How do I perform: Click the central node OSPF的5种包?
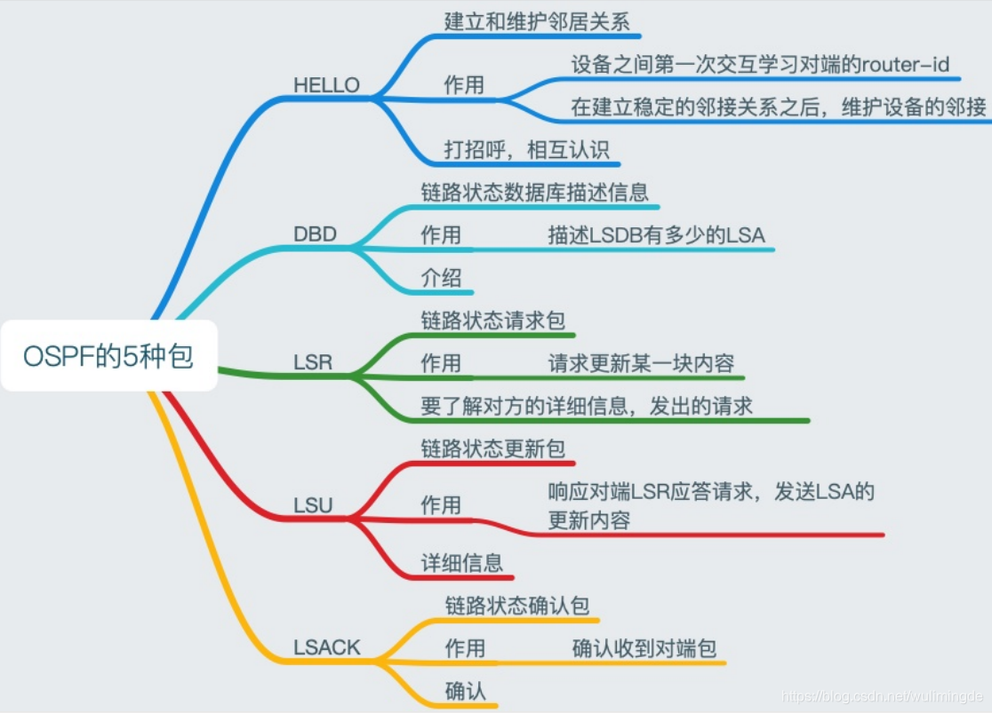108,356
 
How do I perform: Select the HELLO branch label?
326,85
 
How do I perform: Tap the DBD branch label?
316,235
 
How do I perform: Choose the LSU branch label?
313,506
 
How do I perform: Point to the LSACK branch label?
327,648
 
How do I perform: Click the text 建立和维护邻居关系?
537,21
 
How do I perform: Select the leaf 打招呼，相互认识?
527,150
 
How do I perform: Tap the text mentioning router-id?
761,65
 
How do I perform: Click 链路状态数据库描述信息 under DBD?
534,192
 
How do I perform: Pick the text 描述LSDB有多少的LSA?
657,234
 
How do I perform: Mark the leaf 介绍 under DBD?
441,278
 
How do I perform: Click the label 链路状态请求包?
492,321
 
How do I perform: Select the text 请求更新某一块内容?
641,363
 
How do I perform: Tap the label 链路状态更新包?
492,449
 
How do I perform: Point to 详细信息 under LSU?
462,562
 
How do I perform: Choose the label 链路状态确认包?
517,606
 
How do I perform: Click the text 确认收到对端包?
644,648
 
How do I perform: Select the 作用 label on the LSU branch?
441,506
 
